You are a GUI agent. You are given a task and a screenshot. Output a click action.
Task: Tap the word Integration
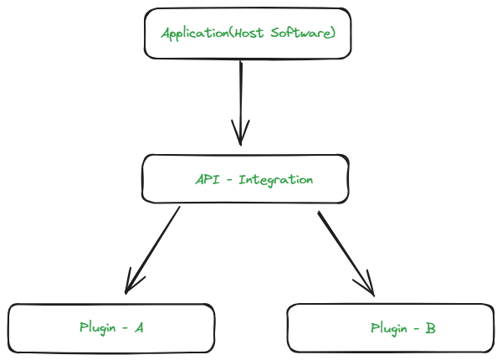coord(276,179)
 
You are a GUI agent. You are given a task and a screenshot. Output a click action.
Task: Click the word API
coord(206,179)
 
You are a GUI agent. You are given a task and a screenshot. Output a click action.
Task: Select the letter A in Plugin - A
coord(139,327)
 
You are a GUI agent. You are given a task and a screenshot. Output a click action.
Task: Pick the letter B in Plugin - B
coord(430,328)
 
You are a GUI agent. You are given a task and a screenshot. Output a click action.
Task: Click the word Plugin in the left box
coord(97,327)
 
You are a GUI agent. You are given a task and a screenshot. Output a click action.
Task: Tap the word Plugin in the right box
coord(388,328)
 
